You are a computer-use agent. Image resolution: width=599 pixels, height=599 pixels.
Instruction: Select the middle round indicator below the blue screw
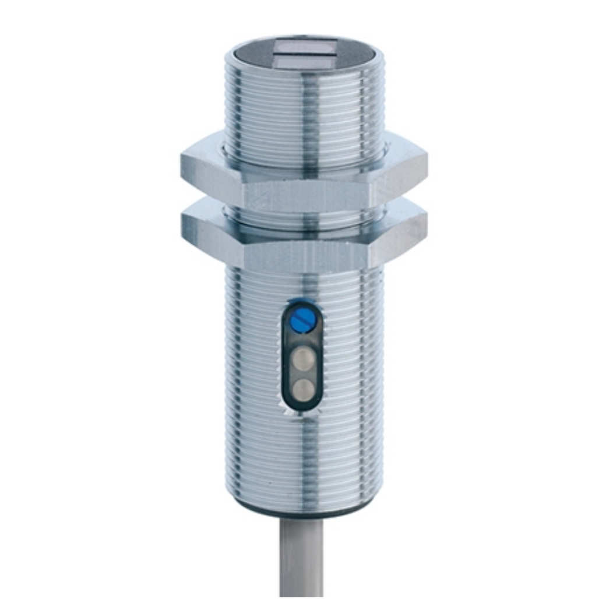(301, 356)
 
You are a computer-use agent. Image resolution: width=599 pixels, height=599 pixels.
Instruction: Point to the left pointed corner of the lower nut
(182, 223)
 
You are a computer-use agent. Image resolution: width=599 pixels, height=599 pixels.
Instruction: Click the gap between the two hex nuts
(303, 214)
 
